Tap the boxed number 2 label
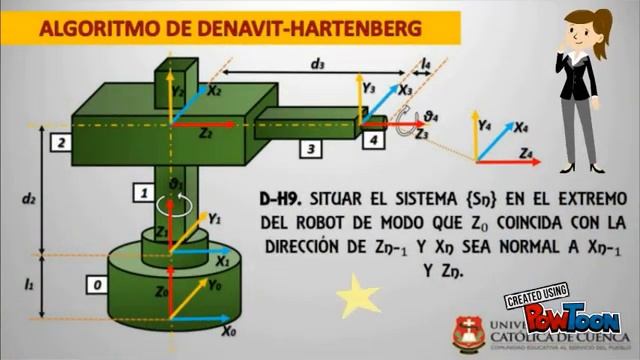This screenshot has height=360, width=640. pos(62,144)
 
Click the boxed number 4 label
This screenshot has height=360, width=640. pos(372,142)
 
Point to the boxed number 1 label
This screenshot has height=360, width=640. pos(145,192)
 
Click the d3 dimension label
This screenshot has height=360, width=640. pos(317,64)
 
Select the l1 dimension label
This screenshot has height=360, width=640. pos(29,285)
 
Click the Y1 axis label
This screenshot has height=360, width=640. pos(214,218)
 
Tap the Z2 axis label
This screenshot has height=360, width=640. pos(205,132)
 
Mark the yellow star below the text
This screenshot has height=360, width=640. pos(358,296)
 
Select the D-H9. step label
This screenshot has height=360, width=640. pos(283,196)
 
